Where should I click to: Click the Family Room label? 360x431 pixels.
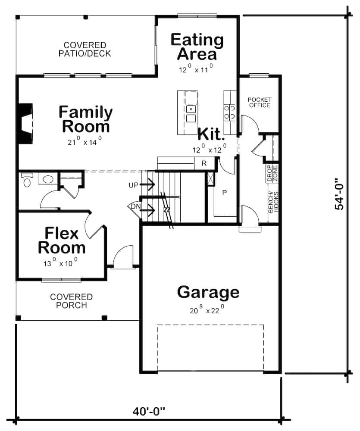(x=85, y=119)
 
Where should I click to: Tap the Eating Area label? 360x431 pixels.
(x=197, y=47)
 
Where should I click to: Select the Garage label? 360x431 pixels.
(x=208, y=292)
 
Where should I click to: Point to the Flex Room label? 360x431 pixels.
(x=62, y=241)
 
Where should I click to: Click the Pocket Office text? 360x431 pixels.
(x=259, y=103)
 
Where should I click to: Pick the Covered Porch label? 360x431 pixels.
(x=71, y=301)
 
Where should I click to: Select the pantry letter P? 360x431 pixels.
(x=224, y=193)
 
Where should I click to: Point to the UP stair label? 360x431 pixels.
(x=133, y=185)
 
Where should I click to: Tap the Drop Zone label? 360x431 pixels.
(x=272, y=172)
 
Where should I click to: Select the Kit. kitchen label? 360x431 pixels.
(x=211, y=134)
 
